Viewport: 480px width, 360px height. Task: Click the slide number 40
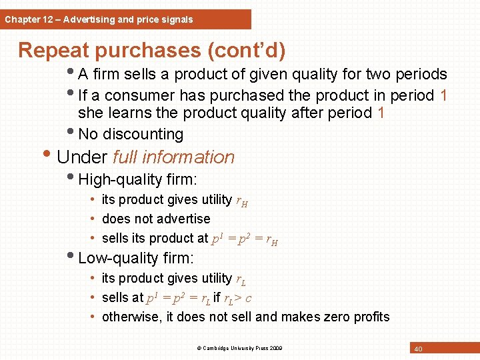tap(418, 349)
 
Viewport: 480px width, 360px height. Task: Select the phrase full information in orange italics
tap(174, 157)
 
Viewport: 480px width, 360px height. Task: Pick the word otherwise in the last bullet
tap(129, 317)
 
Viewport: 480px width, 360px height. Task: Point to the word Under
tap(82, 157)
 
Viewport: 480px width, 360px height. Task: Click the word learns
tap(126, 113)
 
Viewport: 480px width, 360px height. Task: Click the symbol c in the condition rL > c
tap(248, 297)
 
